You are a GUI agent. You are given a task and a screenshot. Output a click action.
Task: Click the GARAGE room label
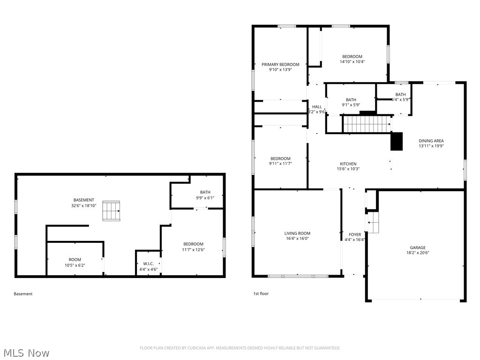417,247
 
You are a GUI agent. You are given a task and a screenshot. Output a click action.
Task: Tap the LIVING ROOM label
297,233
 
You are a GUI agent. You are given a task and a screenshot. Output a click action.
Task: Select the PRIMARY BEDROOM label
280,65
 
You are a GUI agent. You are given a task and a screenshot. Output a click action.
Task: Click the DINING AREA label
431,141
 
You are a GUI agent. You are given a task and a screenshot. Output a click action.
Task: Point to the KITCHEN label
348,164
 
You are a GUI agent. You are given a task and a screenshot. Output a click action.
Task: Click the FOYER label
355,234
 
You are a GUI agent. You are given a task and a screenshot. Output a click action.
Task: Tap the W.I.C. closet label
148,263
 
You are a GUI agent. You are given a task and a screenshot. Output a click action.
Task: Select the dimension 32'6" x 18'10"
83,206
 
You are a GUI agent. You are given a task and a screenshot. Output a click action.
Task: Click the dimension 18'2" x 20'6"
417,253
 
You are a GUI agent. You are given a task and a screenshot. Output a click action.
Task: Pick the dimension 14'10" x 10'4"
352,62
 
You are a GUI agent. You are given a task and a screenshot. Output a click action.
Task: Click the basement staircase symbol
112,210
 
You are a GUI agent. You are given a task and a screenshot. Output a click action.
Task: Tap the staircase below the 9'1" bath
367,124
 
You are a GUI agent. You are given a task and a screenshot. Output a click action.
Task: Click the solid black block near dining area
397,142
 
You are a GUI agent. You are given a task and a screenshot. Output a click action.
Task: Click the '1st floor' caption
261,294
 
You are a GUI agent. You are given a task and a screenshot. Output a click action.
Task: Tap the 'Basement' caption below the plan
23,294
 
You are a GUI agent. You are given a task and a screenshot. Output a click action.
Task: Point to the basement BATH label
205,192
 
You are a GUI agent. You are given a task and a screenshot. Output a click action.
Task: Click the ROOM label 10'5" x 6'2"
75,260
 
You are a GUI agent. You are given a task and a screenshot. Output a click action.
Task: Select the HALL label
317,107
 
